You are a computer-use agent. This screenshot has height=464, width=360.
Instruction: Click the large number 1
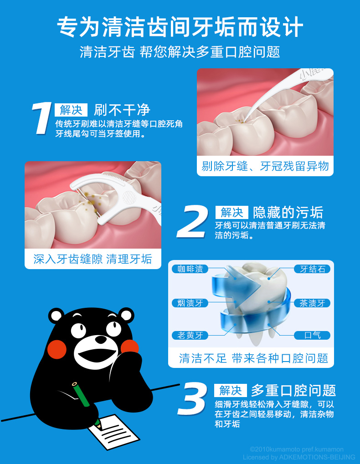tap(41, 119)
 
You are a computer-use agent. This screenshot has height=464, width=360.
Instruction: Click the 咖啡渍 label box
tap(190, 269)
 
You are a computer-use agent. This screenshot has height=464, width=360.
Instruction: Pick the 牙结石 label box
tap(312, 269)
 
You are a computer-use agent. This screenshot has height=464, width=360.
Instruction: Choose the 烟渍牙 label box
tap(190, 303)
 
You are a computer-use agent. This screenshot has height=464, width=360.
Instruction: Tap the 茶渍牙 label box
tap(312, 303)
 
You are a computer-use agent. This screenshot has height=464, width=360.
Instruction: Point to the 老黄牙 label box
tap(190, 336)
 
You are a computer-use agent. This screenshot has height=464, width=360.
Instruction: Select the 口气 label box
tap(312, 336)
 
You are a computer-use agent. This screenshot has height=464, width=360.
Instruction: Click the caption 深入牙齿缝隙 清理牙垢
tap(93, 259)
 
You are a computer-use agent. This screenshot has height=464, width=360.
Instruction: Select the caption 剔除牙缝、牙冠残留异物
tap(265, 166)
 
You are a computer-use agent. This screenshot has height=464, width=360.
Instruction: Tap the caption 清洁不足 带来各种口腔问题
tap(253, 358)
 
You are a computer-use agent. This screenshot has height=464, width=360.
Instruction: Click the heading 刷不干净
tap(122, 110)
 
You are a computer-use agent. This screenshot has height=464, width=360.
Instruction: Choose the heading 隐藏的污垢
tap(288, 212)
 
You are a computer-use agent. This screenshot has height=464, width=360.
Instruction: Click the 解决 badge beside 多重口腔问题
tap(231, 390)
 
